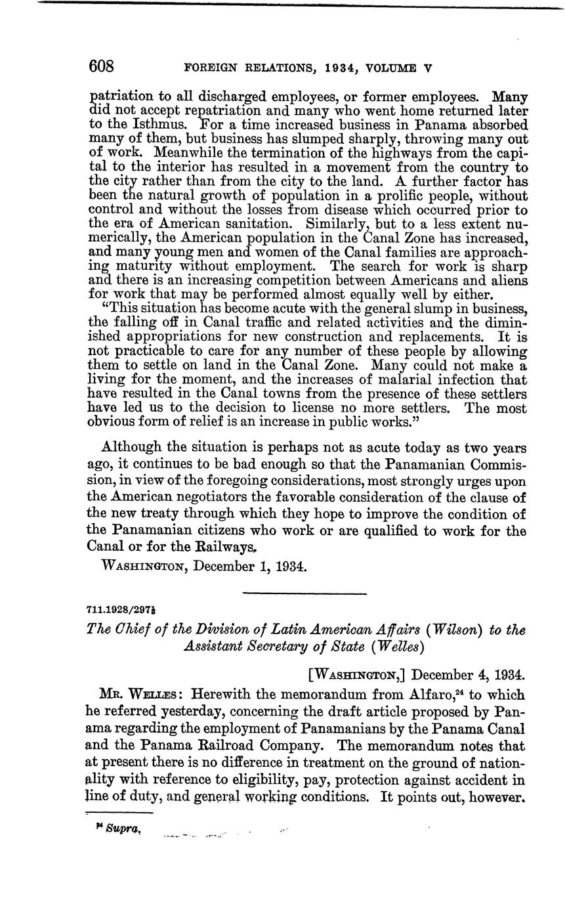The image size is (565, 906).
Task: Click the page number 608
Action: (x=102, y=67)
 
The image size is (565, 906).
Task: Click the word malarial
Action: (x=368, y=380)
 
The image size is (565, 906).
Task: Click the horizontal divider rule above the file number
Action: (x=304, y=594)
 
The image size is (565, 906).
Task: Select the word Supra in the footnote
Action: (x=122, y=830)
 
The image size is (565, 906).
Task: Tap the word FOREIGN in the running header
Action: (x=211, y=68)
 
